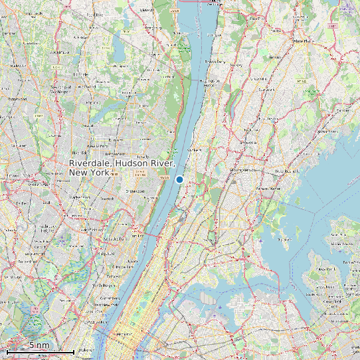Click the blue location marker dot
pos(179,179)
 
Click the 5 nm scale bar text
pos(39,345)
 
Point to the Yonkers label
pos(195,151)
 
